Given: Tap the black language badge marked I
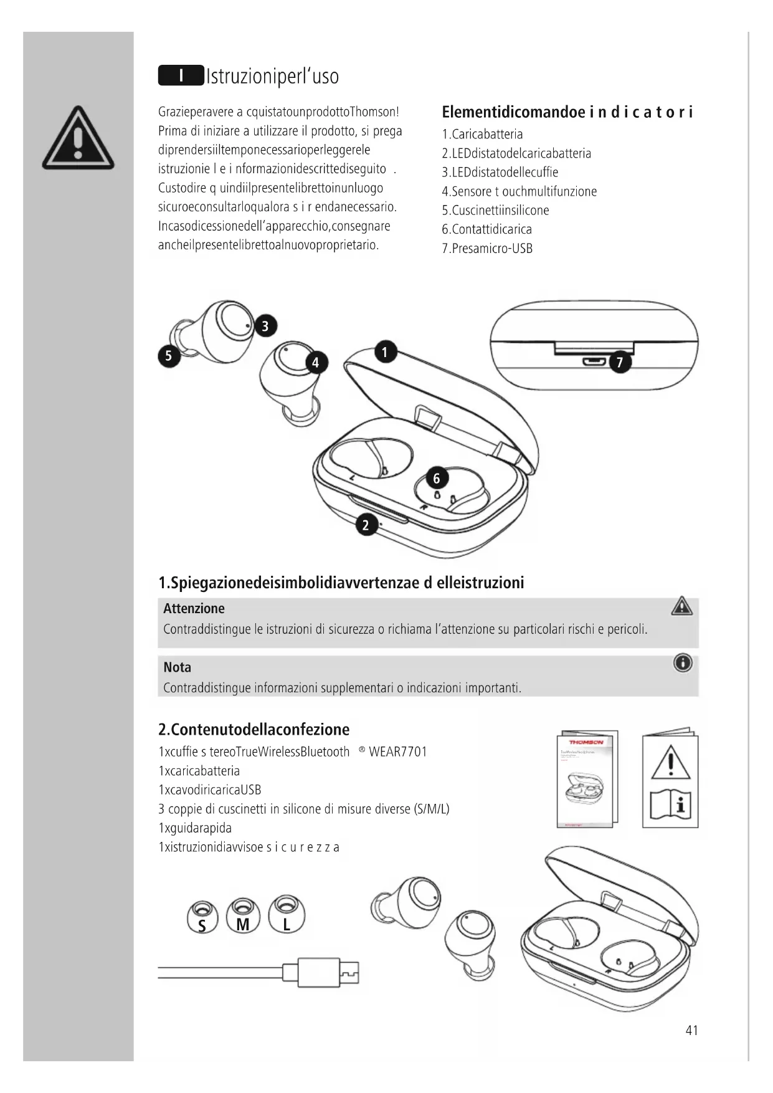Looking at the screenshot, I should point(181,75).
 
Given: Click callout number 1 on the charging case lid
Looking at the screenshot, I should point(385,352).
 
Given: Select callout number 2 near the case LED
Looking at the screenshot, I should point(366,525).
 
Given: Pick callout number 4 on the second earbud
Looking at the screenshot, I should point(316,363).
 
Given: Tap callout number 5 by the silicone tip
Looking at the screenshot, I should point(168,356).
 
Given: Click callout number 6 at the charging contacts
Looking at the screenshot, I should point(437,478).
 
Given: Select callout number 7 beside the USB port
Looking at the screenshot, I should point(619,363).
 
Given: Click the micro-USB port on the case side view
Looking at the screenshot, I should point(592,361).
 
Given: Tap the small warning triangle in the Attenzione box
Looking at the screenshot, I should point(682,606).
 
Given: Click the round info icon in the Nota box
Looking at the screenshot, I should point(683,663).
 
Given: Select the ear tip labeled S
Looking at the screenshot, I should point(202,916).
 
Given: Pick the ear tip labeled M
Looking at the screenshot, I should point(243,915).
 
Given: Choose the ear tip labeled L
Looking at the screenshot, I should point(286,915).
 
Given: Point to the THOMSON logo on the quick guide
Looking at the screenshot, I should point(586,742).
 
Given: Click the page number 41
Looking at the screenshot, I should point(691,1031).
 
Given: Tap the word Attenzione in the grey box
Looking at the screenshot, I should point(194,609).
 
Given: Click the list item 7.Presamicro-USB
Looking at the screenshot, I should point(487,249).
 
